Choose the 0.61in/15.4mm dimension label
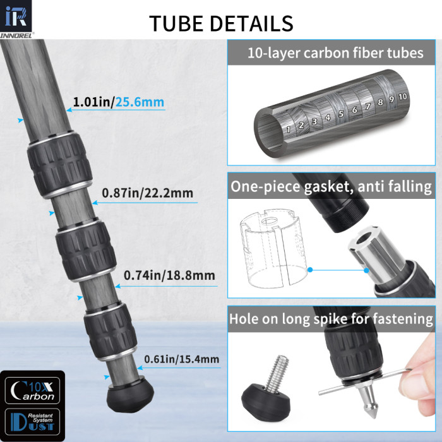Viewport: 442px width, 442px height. click(x=182, y=360)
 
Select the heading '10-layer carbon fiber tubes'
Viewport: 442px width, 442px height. click(x=336, y=52)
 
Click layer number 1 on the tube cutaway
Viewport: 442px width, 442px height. click(x=288, y=129)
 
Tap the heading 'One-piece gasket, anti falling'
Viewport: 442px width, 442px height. click(x=331, y=186)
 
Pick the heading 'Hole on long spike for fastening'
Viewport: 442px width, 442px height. click(x=331, y=320)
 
